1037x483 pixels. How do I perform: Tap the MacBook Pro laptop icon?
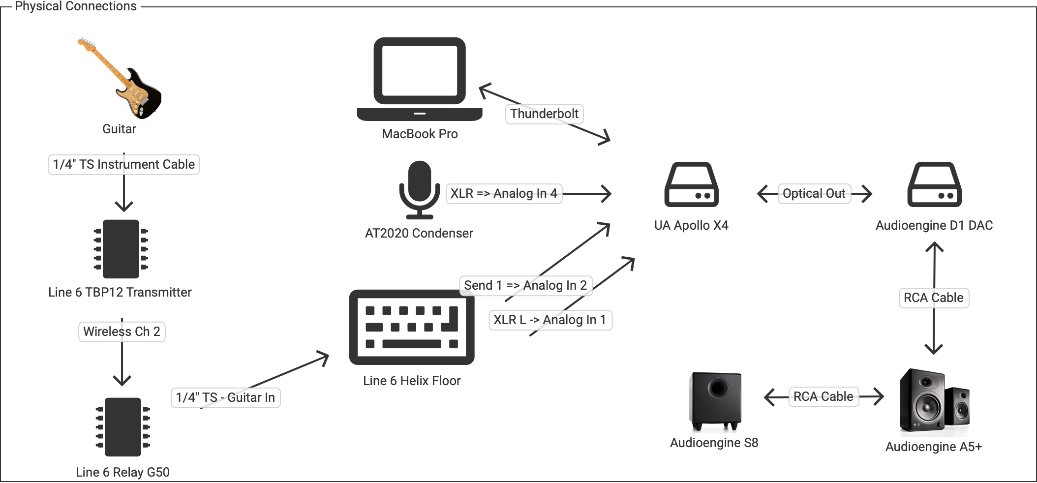(420, 79)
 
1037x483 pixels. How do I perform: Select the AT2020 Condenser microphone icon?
(419, 189)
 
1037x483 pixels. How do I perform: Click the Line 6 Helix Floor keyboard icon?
(412, 327)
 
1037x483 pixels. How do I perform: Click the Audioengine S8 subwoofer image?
(716, 401)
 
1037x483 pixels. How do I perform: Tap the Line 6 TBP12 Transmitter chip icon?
(121, 249)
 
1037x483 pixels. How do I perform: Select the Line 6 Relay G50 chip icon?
(122, 427)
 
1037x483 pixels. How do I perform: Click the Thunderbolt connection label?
(544, 114)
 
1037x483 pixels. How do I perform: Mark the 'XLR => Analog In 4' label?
(504, 194)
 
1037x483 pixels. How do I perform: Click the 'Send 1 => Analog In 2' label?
(525, 286)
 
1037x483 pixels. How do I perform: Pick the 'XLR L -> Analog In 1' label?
(550, 320)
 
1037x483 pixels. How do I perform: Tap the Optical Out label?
(814, 194)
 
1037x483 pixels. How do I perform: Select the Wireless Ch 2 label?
(122, 332)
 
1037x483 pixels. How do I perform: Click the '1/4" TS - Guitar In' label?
(225, 398)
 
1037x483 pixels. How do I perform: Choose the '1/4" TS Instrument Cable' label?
(123, 165)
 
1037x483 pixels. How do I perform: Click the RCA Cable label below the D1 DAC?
(933, 298)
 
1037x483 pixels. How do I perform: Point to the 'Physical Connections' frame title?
(76, 6)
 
